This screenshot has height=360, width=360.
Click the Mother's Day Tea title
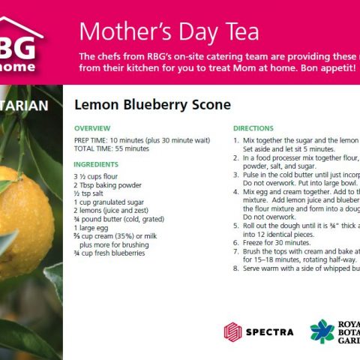click(x=169, y=31)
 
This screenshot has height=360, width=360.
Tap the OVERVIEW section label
click(x=92, y=128)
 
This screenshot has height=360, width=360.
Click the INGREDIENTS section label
click(x=96, y=163)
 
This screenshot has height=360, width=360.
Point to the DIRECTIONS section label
click(x=253, y=128)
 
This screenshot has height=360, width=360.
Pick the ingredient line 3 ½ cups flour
click(x=95, y=176)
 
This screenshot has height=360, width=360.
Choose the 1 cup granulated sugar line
click(x=108, y=202)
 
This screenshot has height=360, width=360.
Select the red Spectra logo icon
click(x=233, y=331)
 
